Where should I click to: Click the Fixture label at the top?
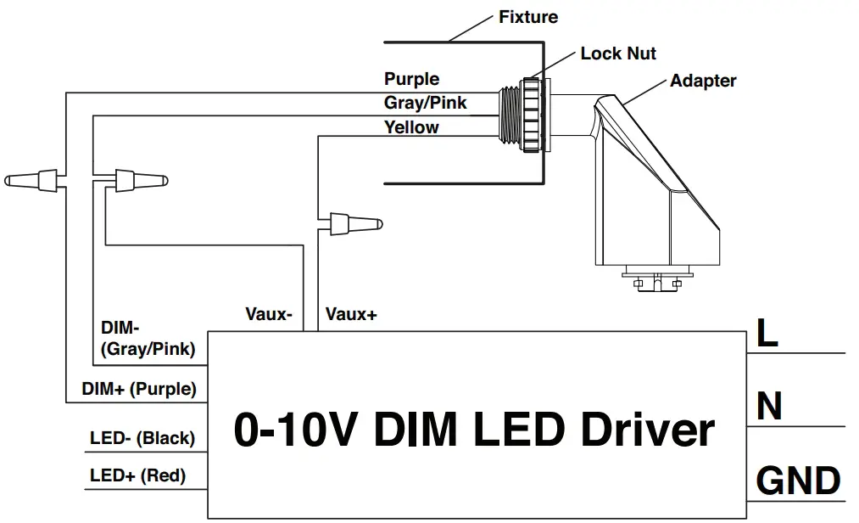click(528, 17)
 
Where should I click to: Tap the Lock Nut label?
click(618, 53)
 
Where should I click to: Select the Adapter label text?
click(702, 82)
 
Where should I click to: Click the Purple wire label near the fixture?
click(411, 79)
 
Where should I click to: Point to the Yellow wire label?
click(411, 127)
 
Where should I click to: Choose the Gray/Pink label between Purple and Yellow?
click(425, 104)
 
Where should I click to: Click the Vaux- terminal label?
click(269, 314)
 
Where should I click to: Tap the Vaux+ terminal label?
click(351, 314)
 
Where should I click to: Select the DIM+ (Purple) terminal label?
click(139, 389)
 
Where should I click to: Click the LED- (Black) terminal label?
click(142, 438)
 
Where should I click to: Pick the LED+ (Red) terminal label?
click(137, 475)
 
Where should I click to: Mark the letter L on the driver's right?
click(767, 334)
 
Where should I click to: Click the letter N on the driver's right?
click(768, 407)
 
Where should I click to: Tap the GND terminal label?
click(798, 481)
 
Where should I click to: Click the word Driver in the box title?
click(647, 430)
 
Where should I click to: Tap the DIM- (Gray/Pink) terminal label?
click(148, 338)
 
